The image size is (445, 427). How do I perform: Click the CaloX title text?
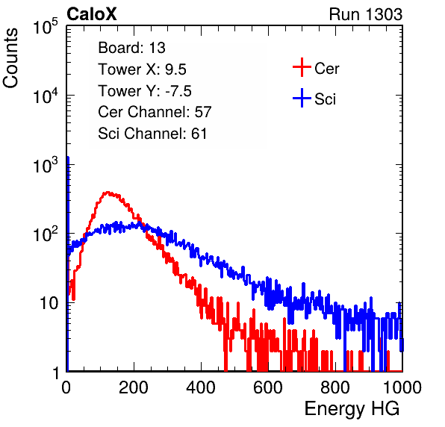[91, 14]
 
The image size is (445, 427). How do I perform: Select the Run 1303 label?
[366, 14]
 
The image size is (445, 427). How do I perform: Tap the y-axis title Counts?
[10, 58]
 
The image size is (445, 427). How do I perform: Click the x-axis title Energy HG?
[352, 408]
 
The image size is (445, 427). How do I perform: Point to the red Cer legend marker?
[302, 67]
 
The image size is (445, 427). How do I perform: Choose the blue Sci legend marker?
[302, 98]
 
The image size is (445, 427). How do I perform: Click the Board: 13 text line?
[131, 48]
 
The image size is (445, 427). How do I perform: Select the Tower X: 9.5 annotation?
[142, 69]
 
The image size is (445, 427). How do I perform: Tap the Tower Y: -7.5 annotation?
[145, 91]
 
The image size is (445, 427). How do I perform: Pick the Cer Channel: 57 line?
[155, 112]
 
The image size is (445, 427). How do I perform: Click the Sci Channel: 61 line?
[152, 134]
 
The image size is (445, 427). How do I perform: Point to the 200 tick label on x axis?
[134, 387]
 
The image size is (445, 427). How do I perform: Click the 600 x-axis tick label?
[268, 387]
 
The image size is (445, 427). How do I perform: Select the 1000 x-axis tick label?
[402, 387]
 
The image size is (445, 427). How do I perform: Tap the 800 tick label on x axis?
[335, 387]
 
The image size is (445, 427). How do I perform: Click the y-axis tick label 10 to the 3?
[46, 165]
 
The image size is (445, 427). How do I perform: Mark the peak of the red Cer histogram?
[108, 193]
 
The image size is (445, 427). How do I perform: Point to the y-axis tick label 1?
[55, 373]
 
